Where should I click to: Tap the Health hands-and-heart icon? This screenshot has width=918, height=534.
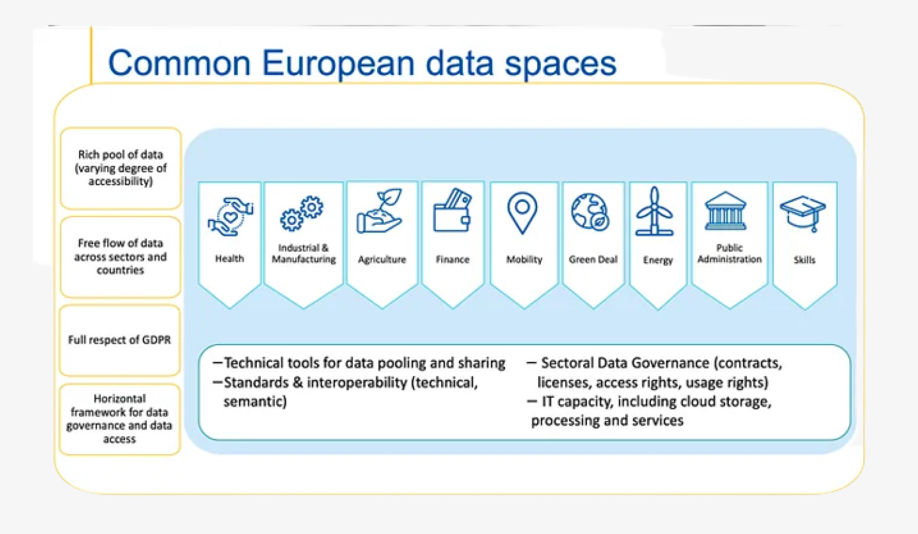230,217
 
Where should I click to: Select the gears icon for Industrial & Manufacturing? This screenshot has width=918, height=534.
302,213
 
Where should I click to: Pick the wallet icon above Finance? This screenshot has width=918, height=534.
452,211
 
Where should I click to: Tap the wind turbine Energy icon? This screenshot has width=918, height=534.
655,212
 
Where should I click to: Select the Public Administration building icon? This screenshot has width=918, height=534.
726,211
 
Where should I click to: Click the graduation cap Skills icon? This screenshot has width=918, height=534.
803,213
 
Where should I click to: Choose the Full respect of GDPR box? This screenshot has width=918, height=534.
120,340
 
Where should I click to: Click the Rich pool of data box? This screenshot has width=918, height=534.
121,168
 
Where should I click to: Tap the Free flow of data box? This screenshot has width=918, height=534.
121,257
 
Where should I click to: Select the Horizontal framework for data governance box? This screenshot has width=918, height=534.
120,419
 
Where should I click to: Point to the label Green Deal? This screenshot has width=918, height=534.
593,259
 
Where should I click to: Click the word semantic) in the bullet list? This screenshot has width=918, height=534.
255,402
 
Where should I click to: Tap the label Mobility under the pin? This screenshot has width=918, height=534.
524,259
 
